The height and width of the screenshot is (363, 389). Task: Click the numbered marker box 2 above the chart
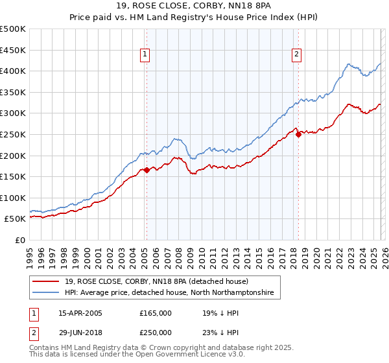296,54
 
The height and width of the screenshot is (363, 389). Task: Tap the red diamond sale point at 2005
147,170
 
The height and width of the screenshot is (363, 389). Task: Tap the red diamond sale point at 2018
298,135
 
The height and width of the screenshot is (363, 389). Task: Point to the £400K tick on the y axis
13,71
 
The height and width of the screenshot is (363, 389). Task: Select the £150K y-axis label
13,176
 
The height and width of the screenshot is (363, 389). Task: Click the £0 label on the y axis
21,240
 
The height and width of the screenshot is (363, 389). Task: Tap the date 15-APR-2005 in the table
80,313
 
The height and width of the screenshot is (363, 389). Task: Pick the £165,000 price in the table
156,313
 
